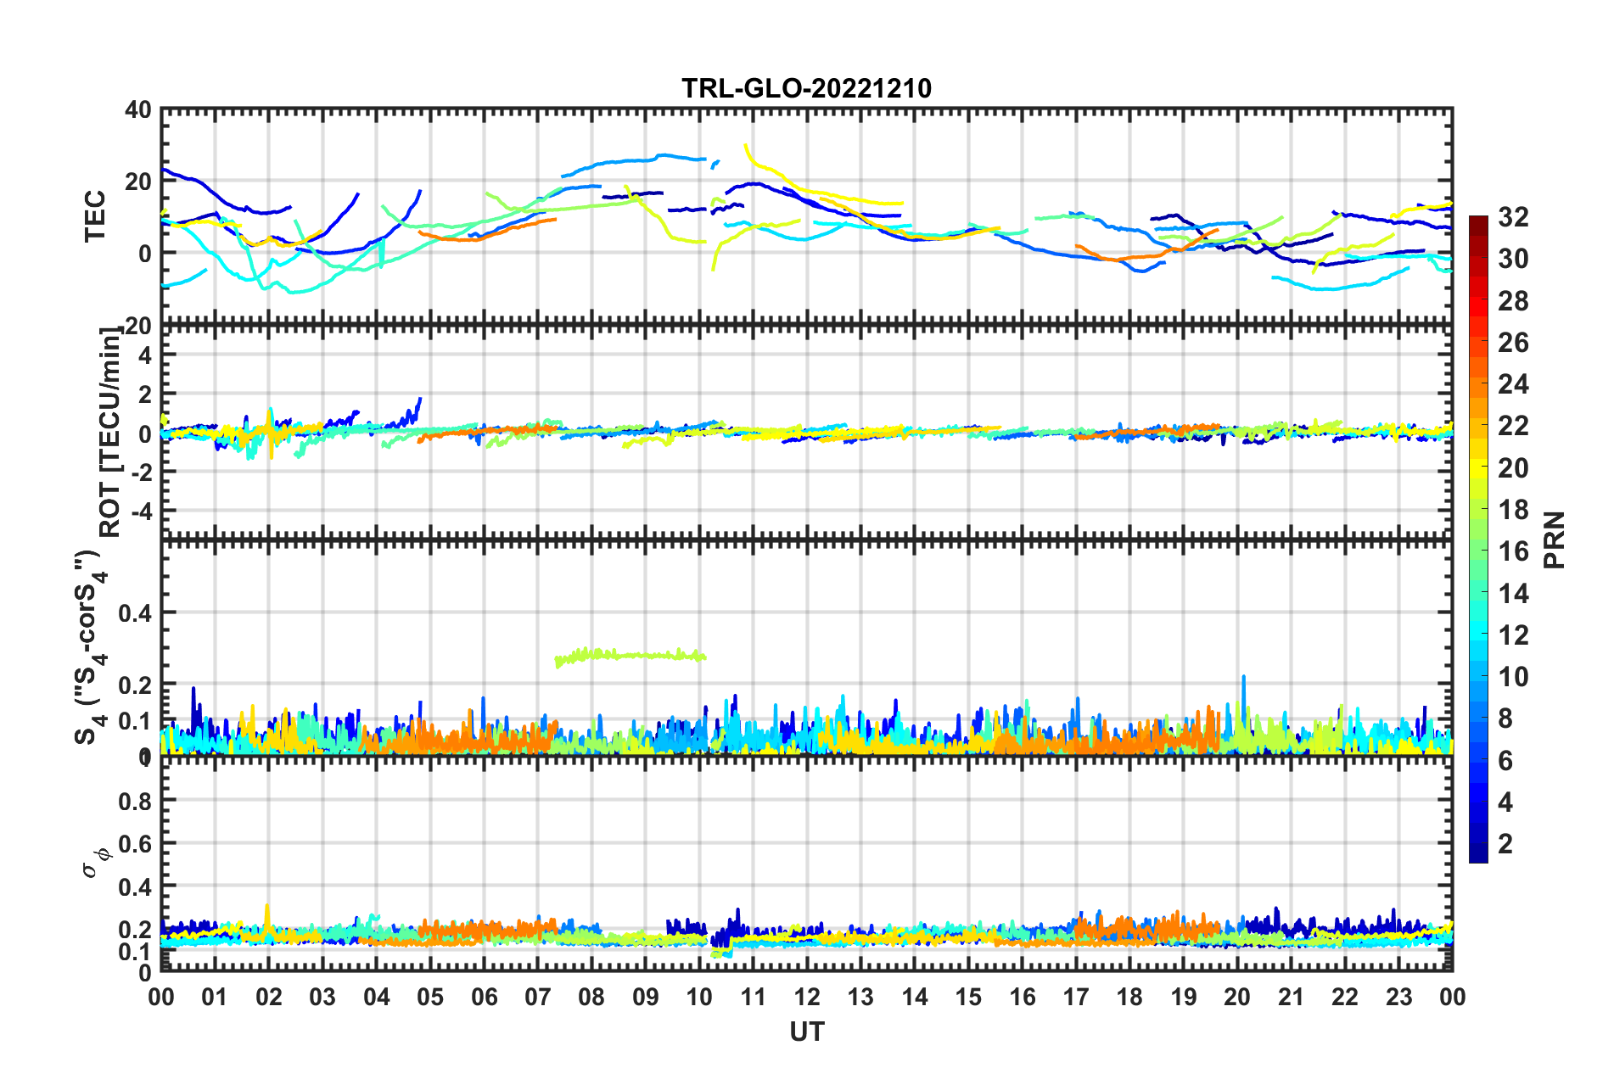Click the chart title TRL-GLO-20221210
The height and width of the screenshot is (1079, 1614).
[806, 88]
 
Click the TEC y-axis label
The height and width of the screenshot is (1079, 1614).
[95, 215]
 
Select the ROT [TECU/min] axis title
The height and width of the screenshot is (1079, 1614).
[110, 432]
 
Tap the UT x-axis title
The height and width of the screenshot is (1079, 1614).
[806, 1031]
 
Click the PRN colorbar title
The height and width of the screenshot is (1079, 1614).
[1555, 539]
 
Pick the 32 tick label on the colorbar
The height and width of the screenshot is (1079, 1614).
[1513, 217]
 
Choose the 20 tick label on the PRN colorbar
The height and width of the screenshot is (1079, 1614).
[1513, 468]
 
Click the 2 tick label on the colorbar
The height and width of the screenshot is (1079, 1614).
[1505, 843]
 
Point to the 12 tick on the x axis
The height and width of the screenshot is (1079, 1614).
[807, 997]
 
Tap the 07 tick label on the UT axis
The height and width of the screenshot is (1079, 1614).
[538, 997]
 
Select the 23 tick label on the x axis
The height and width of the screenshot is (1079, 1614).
[1398, 997]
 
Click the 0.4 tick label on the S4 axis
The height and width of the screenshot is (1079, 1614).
[136, 612]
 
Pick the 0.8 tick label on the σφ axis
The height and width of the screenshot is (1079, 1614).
[136, 801]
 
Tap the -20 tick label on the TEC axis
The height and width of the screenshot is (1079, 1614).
[136, 326]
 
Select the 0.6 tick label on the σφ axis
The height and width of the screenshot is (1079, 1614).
[136, 844]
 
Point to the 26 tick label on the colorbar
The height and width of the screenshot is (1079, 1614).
[1513, 343]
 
